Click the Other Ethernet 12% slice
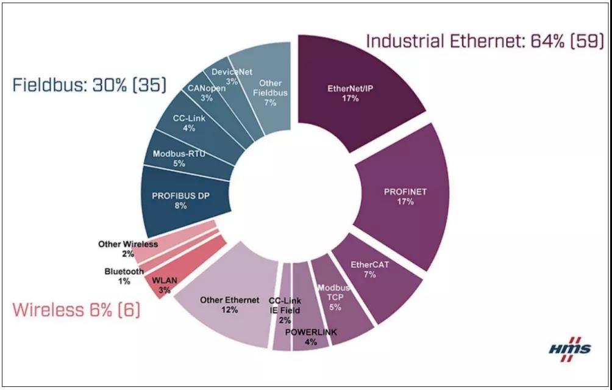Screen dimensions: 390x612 point(226,305)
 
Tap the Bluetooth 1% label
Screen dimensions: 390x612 point(124,276)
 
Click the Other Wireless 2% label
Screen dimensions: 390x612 point(127,248)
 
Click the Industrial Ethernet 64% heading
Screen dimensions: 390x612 point(485,42)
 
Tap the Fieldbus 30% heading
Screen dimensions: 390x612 point(89,84)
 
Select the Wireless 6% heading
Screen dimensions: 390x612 point(77,310)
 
